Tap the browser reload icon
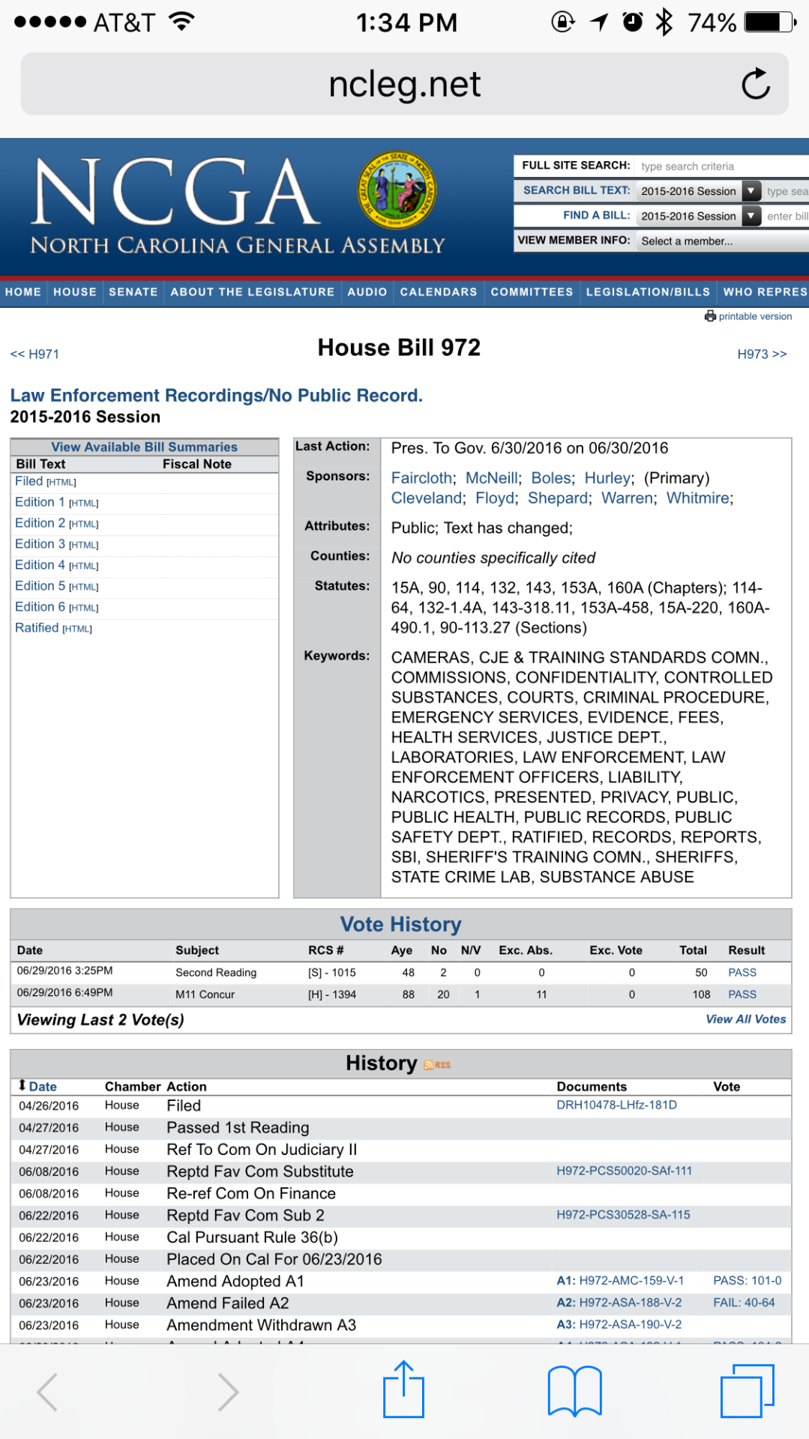pos(756,84)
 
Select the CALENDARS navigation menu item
pos(438,292)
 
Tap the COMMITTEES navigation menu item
pos(532,292)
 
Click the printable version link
pos(754,316)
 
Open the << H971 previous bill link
pos(34,354)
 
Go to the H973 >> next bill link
pos(762,354)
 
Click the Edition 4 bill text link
pos(40,565)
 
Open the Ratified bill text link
pos(37,628)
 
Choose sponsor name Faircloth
pos(422,478)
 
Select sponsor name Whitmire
pos(698,498)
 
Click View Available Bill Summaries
pos(144,447)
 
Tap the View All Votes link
pos(745,1019)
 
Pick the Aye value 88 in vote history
pos(408,995)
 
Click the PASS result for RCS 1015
pos(742,973)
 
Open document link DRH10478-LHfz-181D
pos(616,1105)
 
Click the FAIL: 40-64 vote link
pos(744,1303)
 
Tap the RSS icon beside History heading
pos(437,1065)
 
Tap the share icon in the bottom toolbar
pos(404,1390)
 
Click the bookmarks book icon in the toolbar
pos(574,1391)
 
